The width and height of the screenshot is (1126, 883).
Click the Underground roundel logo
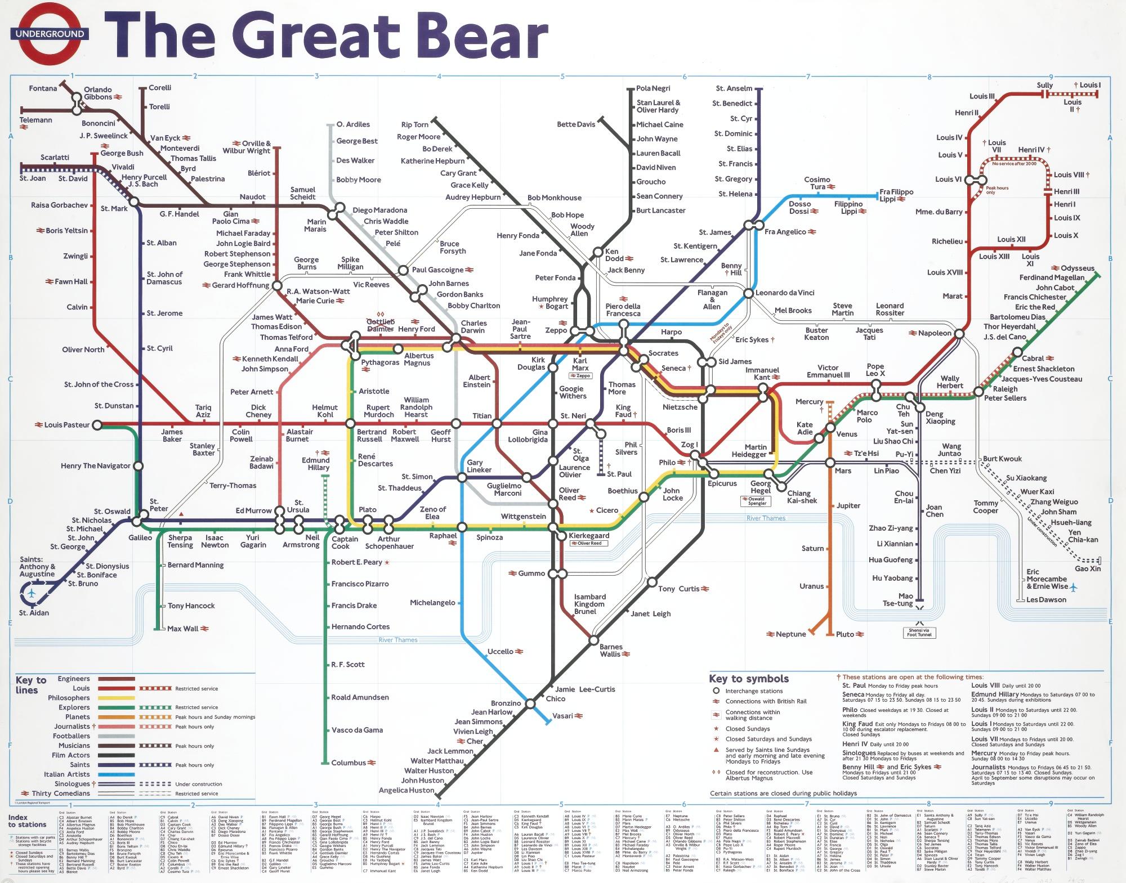pos(50,34)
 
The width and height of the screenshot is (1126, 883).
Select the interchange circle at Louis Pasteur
pos(97,425)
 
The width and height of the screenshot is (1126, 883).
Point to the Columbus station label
pos(348,763)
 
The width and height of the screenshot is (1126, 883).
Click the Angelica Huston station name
pos(406,790)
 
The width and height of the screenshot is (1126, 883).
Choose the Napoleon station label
pos(934,333)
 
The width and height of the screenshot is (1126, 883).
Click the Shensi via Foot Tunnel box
pos(920,633)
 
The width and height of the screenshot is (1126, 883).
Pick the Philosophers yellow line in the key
pos(117,698)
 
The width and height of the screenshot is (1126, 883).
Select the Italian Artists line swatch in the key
pos(117,774)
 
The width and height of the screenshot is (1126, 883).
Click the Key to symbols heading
pos(749,679)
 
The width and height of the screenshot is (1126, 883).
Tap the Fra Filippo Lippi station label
pos(896,196)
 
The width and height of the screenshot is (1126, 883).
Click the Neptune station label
pos(791,634)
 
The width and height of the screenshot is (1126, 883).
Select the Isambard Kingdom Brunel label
pos(589,604)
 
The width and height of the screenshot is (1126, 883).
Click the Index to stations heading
pos(27,821)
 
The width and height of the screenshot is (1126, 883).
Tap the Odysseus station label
pos(1077,268)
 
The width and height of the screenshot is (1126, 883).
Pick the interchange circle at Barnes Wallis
pos(593,640)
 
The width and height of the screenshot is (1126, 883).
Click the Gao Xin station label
pos(1087,569)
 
